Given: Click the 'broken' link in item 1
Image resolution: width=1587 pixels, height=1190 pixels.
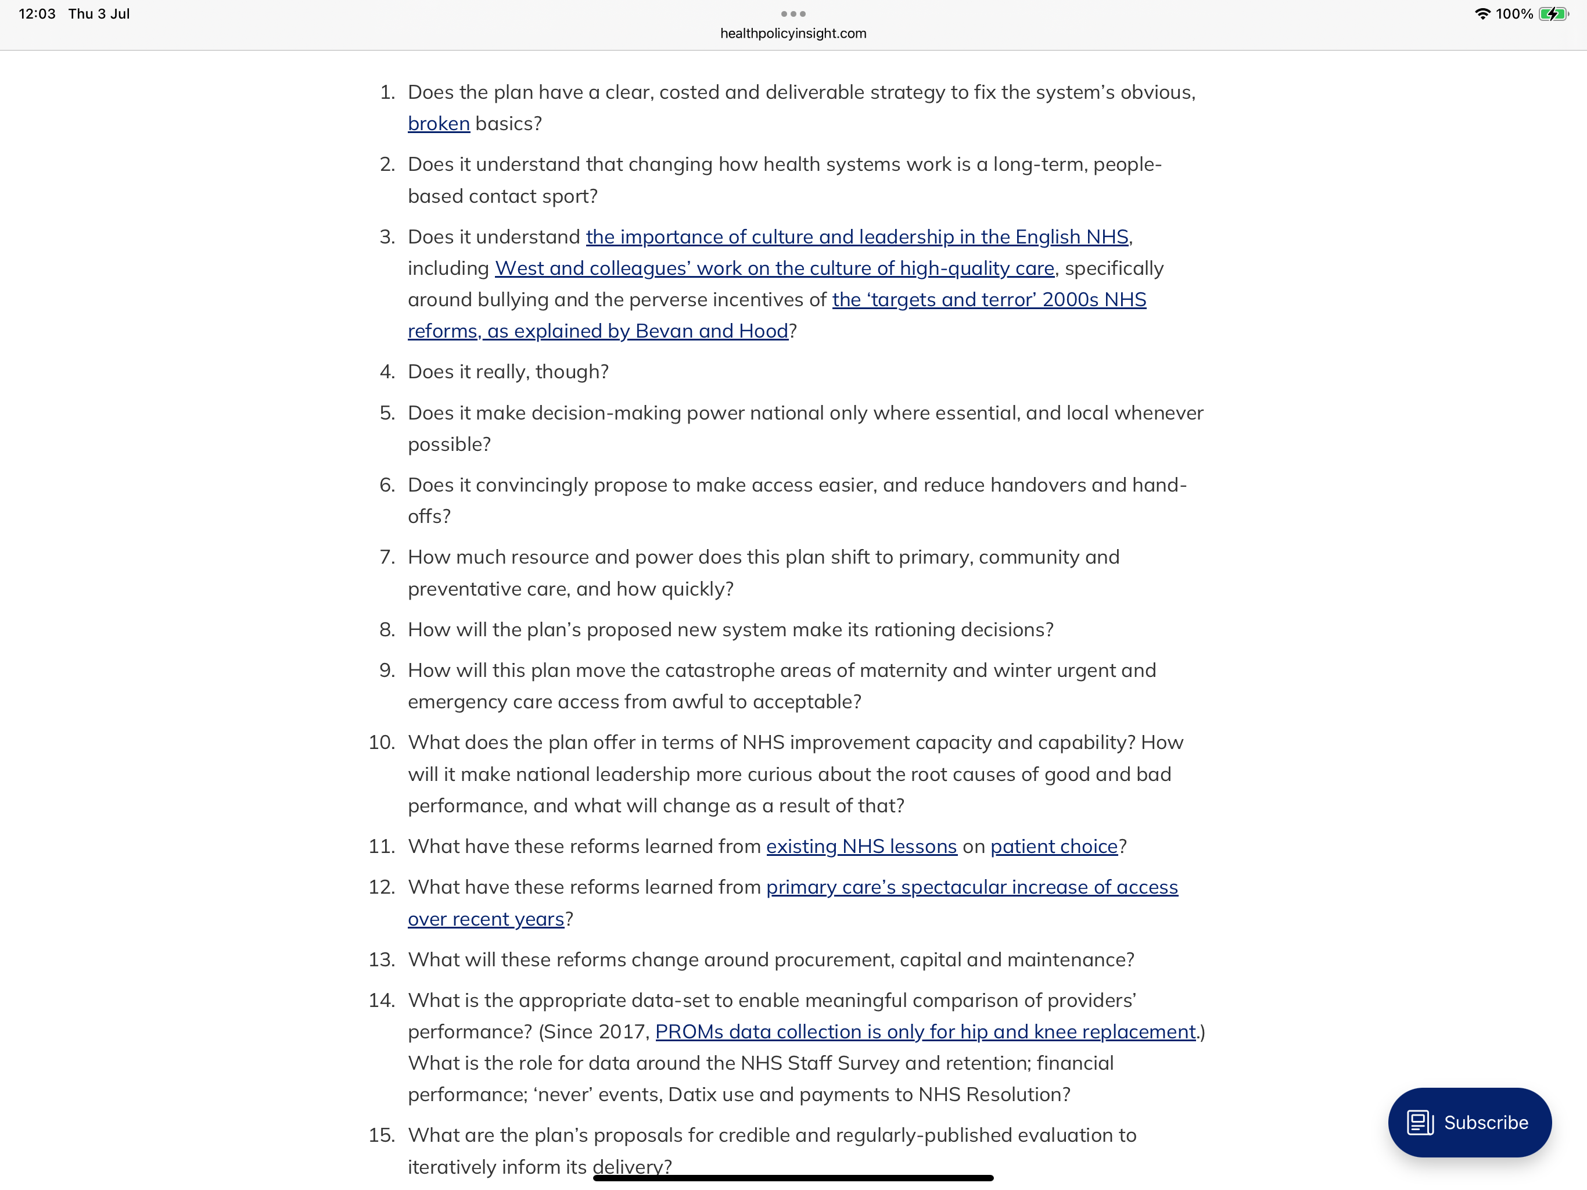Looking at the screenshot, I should [x=439, y=123].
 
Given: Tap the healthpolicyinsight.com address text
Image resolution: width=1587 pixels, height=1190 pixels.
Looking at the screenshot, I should [x=793, y=33].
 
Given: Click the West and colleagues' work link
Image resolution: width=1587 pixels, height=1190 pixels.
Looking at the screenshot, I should [x=774, y=268].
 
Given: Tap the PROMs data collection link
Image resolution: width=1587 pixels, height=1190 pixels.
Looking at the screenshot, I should [x=925, y=1031].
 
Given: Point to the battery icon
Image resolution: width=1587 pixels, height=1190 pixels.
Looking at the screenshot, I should [x=1553, y=13].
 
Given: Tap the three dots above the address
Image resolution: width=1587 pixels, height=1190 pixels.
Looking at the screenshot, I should [x=793, y=13].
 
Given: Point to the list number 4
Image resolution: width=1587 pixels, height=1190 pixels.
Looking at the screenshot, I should [x=387, y=372].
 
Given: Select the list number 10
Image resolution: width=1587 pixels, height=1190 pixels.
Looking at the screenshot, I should [x=382, y=742].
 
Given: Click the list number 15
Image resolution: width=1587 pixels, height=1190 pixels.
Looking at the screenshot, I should [x=382, y=1135].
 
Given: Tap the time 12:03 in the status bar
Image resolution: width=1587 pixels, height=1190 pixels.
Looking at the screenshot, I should [x=37, y=13].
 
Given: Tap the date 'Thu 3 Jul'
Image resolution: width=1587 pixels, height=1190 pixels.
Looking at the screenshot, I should [x=99, y=13].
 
